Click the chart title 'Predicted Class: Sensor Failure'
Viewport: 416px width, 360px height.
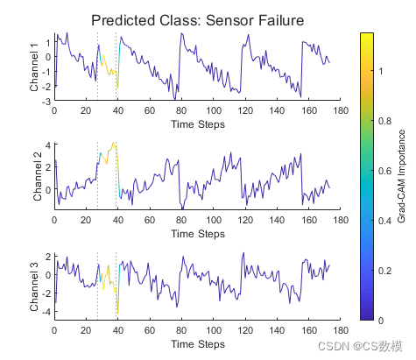(x=198, y=20)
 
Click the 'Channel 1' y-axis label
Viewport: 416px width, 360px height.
(x=34, y=67)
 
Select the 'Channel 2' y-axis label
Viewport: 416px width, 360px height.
(x=38, y=177)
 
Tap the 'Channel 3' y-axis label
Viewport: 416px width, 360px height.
(x=34, y=287)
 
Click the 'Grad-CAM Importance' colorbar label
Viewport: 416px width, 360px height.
(x=401, y=176)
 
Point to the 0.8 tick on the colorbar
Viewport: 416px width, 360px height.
(x=384, y=121)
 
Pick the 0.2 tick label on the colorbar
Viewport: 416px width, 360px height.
(x=384, y=271)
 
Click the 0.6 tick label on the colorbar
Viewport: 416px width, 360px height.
(x=384, y=171)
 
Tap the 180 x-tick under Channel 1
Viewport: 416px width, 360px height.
(x=341, y=110)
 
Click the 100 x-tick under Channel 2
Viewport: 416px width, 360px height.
(x=214, y=220)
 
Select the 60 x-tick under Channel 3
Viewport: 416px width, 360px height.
(x=150, y=330)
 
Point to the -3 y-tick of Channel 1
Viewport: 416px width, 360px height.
(x=47, y=102)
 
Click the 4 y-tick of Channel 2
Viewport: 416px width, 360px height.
(x=48, y=145)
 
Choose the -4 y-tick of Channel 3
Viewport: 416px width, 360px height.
(x=46, y=312)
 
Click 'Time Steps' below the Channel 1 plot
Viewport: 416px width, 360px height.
(x=198, y=124)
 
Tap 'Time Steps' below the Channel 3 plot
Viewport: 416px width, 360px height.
(x=198, y=344)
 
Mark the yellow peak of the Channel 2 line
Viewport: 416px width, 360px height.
(x=113, y=143)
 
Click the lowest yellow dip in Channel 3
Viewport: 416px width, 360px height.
(x=117, y=313)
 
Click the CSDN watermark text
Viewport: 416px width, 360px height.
(x=360, y=346)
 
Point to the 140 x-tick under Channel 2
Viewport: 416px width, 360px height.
(x=277, y=220)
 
